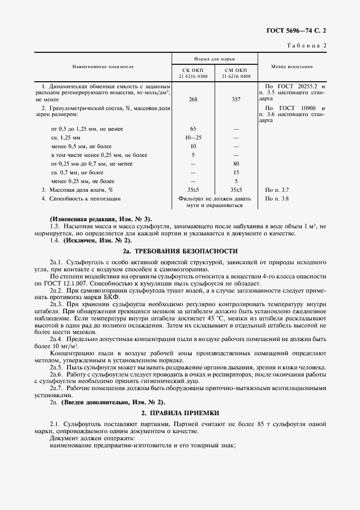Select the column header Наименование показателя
tap(103, 66)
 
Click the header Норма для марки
tap(214, 58)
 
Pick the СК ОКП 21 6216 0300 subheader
tap(193, 74)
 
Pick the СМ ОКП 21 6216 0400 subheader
tap(236, 74)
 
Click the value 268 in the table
tap(193, 100)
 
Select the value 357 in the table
tap(236, 100)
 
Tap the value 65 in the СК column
tap(193, 129)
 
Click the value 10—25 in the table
tap(193, 137)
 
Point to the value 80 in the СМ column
tap(236, 163)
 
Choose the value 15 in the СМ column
tap(236, 172)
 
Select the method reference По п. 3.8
tap(277, 198)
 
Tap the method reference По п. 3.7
tap(277, 190)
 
